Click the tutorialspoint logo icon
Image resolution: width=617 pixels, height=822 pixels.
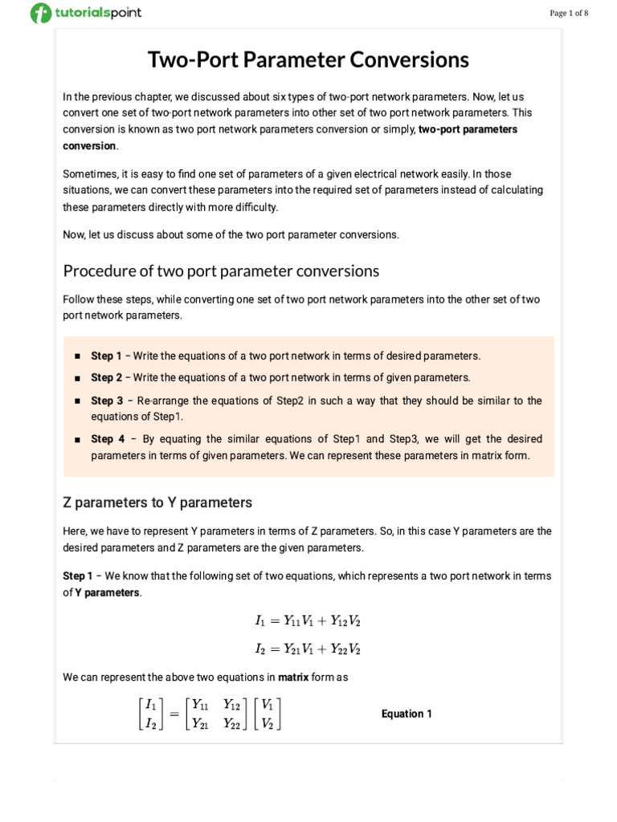(40, 13)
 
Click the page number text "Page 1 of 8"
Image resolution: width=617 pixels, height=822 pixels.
(569, 13)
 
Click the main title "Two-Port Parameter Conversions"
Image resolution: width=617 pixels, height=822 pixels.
(308, 60)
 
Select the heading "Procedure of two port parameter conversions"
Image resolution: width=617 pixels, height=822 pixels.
(221, 271)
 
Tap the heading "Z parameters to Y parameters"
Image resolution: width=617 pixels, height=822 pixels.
(157, 503)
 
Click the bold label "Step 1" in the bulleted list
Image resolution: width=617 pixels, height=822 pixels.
(106, 356)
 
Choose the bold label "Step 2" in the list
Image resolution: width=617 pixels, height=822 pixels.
(106, 377)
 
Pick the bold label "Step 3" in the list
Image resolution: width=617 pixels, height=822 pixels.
(107, 401)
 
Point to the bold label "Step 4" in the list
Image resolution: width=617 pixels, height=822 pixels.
(107, 439)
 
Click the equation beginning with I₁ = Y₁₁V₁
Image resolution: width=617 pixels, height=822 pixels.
(302, 621)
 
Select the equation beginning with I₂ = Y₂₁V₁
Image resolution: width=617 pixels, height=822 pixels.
(302, 649)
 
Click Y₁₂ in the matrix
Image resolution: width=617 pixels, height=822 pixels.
(232, 705)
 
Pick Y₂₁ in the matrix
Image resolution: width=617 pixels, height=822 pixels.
(200, 722)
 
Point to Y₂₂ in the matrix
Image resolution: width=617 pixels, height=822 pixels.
(232, 722)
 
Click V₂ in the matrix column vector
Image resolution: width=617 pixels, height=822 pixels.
(268, 722)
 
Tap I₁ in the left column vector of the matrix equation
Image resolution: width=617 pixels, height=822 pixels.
(149, 705)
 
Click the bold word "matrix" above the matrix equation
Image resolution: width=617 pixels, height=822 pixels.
(293, 677)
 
